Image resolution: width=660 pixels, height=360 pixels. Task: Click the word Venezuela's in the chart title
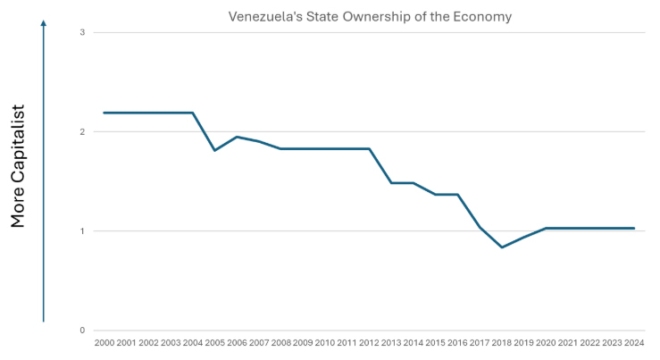tap(259, 17)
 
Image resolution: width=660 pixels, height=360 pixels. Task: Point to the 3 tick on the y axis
tap(82, 32)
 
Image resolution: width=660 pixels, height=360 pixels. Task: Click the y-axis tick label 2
tap(82, 132)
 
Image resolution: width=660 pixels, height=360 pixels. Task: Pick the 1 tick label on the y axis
tap(82, 231)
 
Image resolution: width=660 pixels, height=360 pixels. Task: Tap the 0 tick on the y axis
tap(82, 331)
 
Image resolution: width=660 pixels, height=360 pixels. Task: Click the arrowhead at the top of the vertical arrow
tap(43, 24)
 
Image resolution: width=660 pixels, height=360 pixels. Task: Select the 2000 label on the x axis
tap(104, 342)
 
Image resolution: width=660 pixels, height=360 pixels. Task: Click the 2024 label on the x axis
tap(634, 342)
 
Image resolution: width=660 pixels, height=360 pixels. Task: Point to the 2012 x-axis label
tap(369, 342)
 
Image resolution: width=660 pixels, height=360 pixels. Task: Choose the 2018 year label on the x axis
tap(502, 342)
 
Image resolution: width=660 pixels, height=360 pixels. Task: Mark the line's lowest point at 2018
tap(503, 247)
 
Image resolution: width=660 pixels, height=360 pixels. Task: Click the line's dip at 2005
tap(215, 150)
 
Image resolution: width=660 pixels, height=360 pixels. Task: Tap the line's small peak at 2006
tap(237, 136)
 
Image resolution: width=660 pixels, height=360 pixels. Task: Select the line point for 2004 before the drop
tap(193, 113)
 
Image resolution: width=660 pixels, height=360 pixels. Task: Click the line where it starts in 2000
tap(104, 113)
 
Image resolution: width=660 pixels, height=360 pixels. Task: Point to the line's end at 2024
tap(634, 229)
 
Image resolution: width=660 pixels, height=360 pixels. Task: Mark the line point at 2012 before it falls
tap(370, 148)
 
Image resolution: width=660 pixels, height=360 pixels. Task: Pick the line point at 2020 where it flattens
tap(546, 229)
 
